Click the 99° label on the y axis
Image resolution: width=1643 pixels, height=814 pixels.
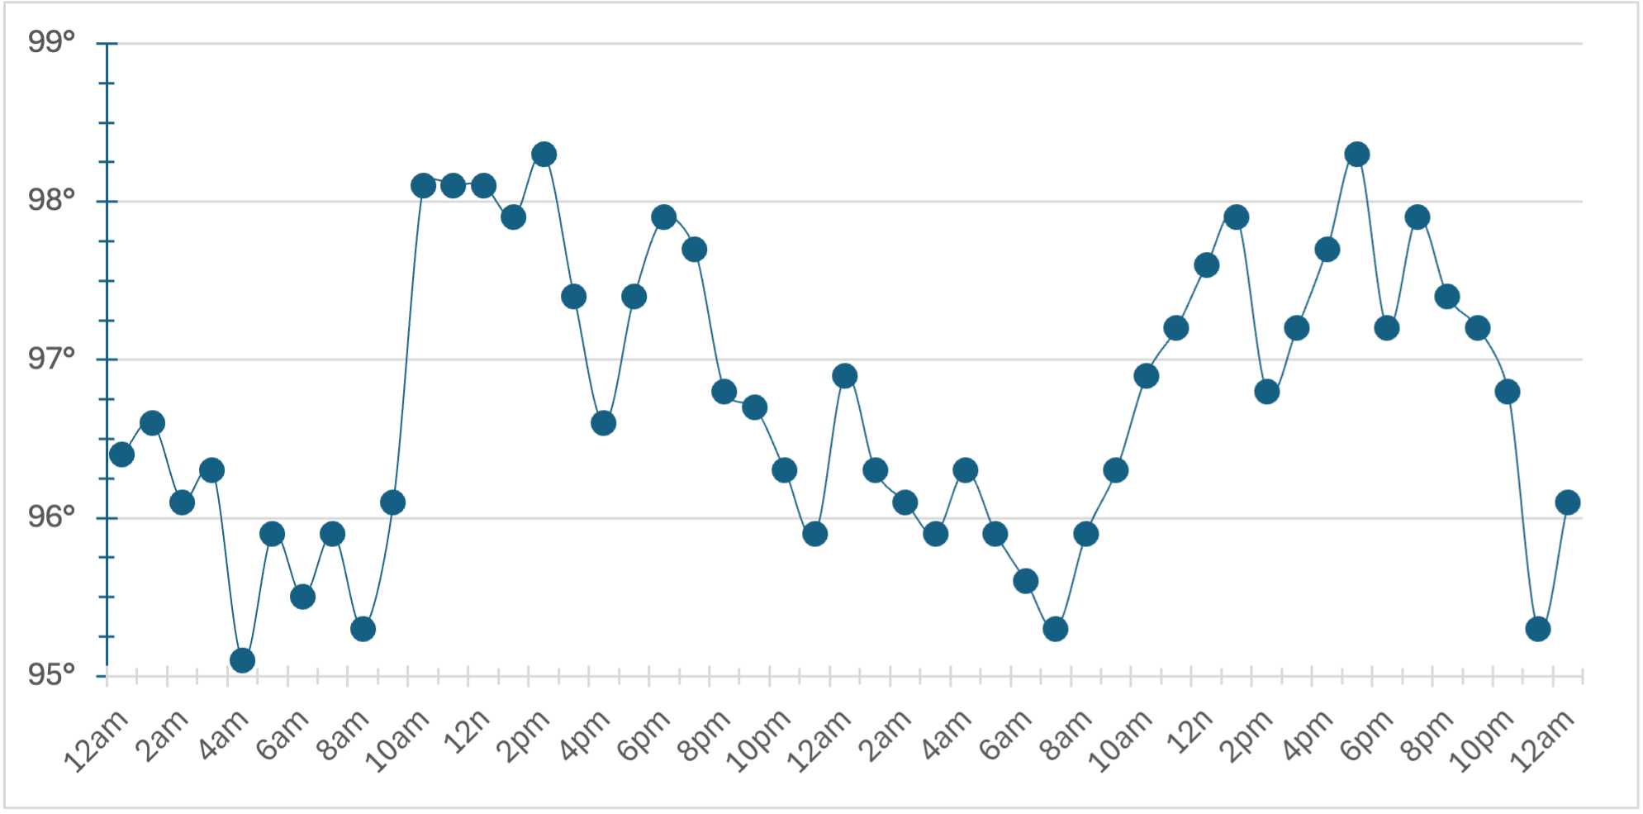tap(51, 41)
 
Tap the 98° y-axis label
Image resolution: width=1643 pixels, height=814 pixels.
tap(51, 200)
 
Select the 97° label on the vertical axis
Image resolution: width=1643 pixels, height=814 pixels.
tap(51, 359)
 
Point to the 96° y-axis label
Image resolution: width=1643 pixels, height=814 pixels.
tap(51, 517)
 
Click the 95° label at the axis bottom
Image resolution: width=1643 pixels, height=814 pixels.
tap(51, 675)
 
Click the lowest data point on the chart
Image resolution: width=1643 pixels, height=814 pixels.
tap(242, 660)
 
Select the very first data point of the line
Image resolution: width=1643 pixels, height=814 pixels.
tap(121, 455)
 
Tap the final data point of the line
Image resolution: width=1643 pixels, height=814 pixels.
tap(1567, 502)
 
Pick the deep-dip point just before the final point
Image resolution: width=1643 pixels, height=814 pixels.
tap(1537, 629)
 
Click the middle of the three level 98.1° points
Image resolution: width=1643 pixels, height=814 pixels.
tap(453, 186)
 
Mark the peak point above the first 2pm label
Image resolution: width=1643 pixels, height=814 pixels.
tap(544, 155)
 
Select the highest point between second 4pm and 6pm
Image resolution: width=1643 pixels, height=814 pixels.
tap(1356, 155)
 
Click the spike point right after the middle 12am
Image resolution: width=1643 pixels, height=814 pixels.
tap(844, 376)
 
